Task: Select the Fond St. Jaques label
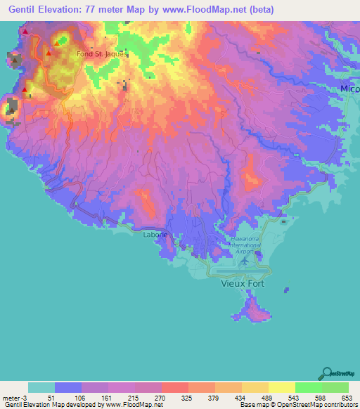[101, 52]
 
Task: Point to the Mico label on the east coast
[349, 89]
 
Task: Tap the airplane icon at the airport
[243, 261]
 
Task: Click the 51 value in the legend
[50, 397]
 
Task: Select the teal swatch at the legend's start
[41, 387]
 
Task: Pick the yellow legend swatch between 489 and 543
[282, 387]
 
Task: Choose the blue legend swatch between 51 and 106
[68, 387]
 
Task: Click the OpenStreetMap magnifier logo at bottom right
[327, 372]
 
